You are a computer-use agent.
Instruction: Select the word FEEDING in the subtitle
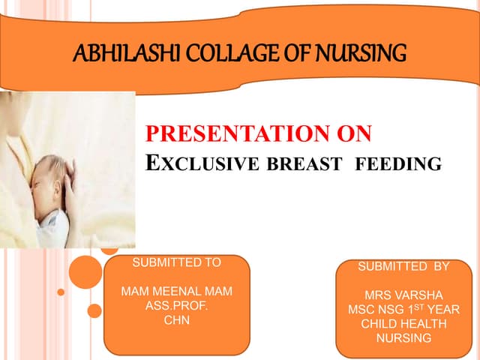coord(397,163)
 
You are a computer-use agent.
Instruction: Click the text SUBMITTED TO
coord(176,262)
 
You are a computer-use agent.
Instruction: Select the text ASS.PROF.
coord(176,306)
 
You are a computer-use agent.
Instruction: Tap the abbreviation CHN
coord(176,320)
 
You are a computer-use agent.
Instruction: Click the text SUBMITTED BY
coord(403,266)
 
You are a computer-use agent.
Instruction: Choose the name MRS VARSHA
coord(403,295)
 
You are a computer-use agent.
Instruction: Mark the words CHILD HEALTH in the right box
coord(403,323)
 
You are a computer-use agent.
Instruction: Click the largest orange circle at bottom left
coord(88,271)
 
